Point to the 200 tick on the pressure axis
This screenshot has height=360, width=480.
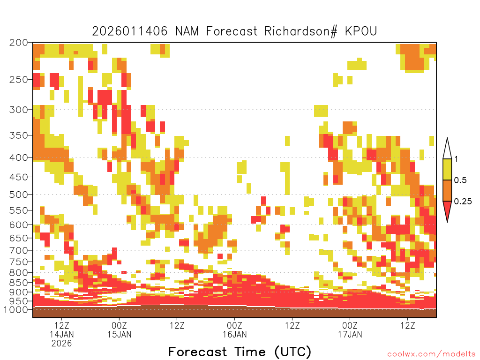click(x=18, y=43)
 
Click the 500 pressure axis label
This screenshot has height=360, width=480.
click(x=18, y=194)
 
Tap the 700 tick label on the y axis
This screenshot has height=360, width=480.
click(x=18, y=250)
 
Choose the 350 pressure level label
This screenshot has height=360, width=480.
click(x=18, y=135)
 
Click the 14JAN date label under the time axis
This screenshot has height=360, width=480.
click(x=62, y=334)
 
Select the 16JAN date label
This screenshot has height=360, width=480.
click(x=234, y=334)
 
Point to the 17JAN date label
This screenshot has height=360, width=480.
click(x=350, y=334)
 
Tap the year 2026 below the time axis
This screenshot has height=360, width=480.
click(x=62, y=343)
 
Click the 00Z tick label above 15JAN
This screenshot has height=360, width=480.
click(x=119, y=325)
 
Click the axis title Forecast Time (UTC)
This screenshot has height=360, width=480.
click(x=240, y=352)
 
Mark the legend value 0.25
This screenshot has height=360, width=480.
click(x=462, y=202)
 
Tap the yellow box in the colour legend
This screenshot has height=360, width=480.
click(x=447, y=170)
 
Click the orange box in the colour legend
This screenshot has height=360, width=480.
click(x=447, y=191)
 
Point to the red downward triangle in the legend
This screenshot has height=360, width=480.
click(x=447, y=210)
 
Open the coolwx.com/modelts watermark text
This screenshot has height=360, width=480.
click(x=431, y=354)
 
